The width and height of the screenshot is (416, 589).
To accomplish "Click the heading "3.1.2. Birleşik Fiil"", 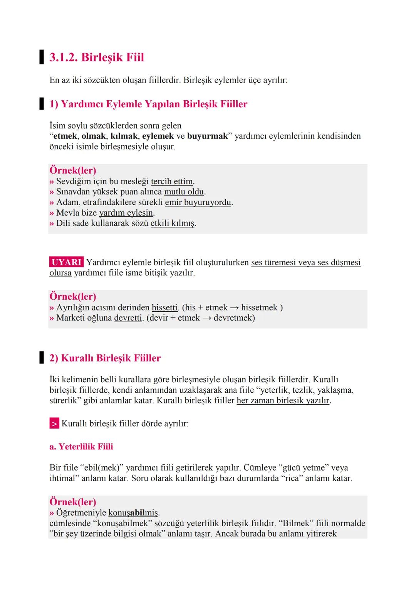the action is pos(97,57).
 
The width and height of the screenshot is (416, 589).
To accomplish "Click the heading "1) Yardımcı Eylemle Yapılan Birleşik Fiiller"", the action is pos(148,104).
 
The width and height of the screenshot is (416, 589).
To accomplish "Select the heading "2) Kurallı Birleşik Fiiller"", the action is pos(105,358).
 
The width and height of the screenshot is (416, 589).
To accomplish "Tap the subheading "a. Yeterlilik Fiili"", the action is pos(81,447).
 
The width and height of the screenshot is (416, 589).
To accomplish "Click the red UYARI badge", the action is pos(66,262).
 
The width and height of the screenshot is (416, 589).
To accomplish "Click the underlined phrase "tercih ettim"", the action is pos(172,181).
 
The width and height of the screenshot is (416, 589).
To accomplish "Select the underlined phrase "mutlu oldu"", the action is pos(184,192).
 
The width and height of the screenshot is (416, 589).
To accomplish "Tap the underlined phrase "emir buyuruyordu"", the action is pos(198,202).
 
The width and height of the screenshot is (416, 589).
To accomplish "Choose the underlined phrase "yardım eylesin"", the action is pos(126,213).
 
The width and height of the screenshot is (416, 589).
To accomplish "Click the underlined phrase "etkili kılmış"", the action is pos(172,223).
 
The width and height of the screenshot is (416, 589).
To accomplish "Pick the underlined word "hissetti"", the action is pos(164,307).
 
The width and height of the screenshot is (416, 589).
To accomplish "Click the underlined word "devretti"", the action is pos(128,318).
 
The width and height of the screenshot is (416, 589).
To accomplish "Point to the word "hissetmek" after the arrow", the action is pos(259,307).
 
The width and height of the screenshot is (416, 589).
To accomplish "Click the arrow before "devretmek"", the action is pos(207,318).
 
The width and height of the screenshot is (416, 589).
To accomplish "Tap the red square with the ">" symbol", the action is pos(54,424).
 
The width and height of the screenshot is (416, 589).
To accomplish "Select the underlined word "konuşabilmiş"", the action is pos(133,513).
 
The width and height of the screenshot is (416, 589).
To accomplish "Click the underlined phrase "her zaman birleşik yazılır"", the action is pos(283,400).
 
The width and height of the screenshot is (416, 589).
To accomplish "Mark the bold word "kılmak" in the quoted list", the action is pos(124,136).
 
